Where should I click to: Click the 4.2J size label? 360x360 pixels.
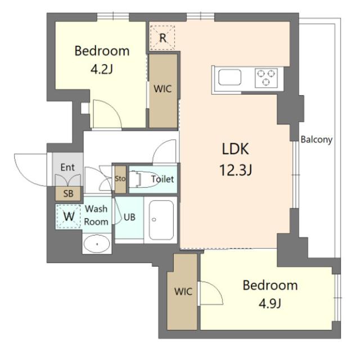(102, 69)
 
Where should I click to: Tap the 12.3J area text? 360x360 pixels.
(236, 170)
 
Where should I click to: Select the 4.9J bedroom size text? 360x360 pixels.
(270, 304)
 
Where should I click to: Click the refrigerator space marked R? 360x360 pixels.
(163, 38)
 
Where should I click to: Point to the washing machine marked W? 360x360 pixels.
(69, 216)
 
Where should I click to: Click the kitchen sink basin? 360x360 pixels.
(230, 78)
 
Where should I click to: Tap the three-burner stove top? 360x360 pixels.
(266, 78)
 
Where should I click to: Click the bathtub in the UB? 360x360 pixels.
(161, 220)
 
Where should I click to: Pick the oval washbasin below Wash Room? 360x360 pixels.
(97, 244)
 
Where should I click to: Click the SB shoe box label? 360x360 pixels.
(68, 193)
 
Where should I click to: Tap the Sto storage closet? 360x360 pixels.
(120, 179)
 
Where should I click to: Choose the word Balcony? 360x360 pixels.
(317, 139)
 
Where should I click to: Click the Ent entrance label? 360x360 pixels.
(67, 167)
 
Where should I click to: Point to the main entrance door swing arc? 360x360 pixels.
(25, 175)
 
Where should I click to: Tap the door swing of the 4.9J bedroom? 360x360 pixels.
(218, 289)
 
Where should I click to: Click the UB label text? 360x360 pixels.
(129, 217)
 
